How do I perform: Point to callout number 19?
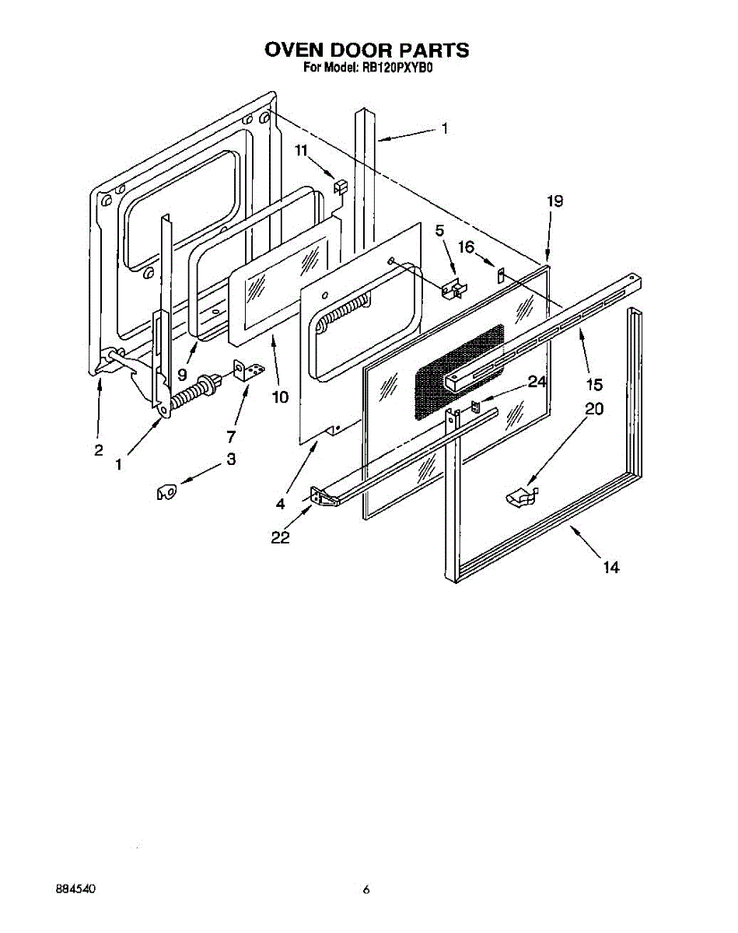pyautogui.click(x=554, y=201)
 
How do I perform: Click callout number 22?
pyautogui.click(x=281, y=537)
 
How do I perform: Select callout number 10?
pyautogui.click(x=280, y=397)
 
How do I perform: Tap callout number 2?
pyautogui.click(x=99, y=449)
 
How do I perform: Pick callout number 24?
pyautogui.click(x=537, y=382)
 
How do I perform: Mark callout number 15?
pyautogui.click(x=594, y=384)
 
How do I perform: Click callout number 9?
pyautogui.click(x=182, y=374)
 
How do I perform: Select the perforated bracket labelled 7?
pyautogui.click(x=248, y=371)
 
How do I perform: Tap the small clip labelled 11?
pyautogui.click(x=339, y=187)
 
